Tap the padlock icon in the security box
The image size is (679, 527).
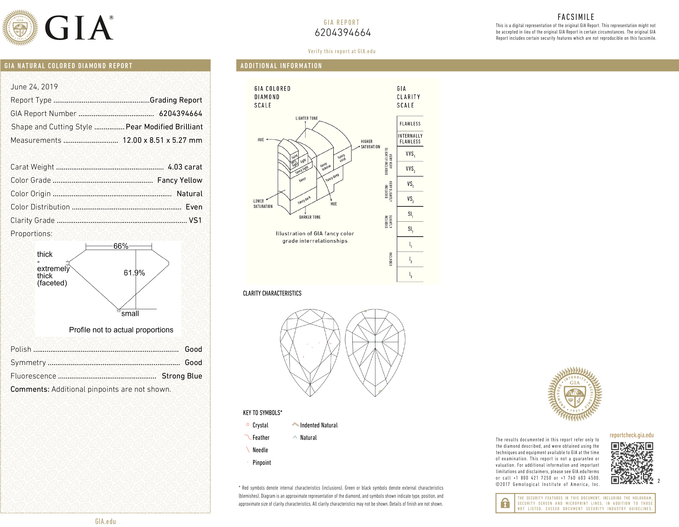pos(505,503)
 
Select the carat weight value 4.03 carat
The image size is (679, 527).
pos(185,167)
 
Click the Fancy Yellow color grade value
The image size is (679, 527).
pos(179,180)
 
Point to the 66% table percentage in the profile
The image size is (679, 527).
pos(121,246)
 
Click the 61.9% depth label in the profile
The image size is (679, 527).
pos(134,273)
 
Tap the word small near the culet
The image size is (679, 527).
pos(130,314)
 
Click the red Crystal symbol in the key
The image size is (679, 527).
pos(248,425)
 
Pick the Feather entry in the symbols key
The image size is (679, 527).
pos(261,437)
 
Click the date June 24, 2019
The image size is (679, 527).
pos(34,87)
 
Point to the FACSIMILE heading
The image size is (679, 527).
pos(576,17)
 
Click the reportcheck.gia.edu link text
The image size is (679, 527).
pos(631,435)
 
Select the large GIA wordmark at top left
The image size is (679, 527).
pos(79,28)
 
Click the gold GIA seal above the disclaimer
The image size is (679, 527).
pos(574,394)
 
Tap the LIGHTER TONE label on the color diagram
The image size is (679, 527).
pos(307,118)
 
